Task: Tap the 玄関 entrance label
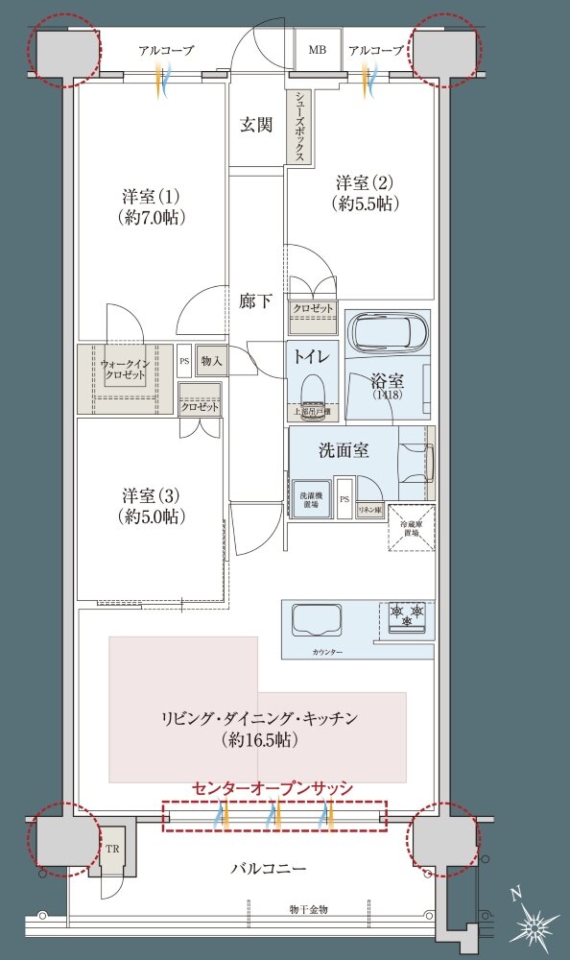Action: click(x=256, y=124)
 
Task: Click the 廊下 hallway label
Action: click(x=255, y=300)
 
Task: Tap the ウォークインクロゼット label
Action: click(x=124, y=370)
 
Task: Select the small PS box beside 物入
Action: click(x=184, y=361)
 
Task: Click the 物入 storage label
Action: click(x=210, y=361)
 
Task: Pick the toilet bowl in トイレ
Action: click(x=312, y=390)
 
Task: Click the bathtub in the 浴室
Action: click(x=387, y=333)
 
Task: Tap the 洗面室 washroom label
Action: click(x=344, y=450)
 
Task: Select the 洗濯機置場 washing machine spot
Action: click(x=311, y=499)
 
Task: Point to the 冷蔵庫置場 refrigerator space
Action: click(x=411, y=526)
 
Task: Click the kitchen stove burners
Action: click(x=407, y=614)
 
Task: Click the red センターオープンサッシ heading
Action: click(x=273, y=787)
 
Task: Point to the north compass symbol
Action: click(x=534, y=924)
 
